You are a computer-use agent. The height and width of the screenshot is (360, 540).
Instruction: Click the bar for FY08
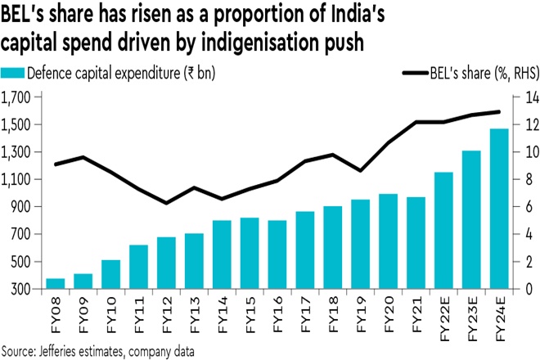pyautogui.click(x=55, y=284)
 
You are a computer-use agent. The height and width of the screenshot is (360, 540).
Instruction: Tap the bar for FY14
pyautogui.click(x=222, y=254)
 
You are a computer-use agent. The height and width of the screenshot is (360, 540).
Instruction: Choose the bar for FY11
pyautogui.click(x=139, y=267)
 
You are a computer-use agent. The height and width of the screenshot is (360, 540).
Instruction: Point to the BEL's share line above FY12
pyautogui.click(x=167, y=203)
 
